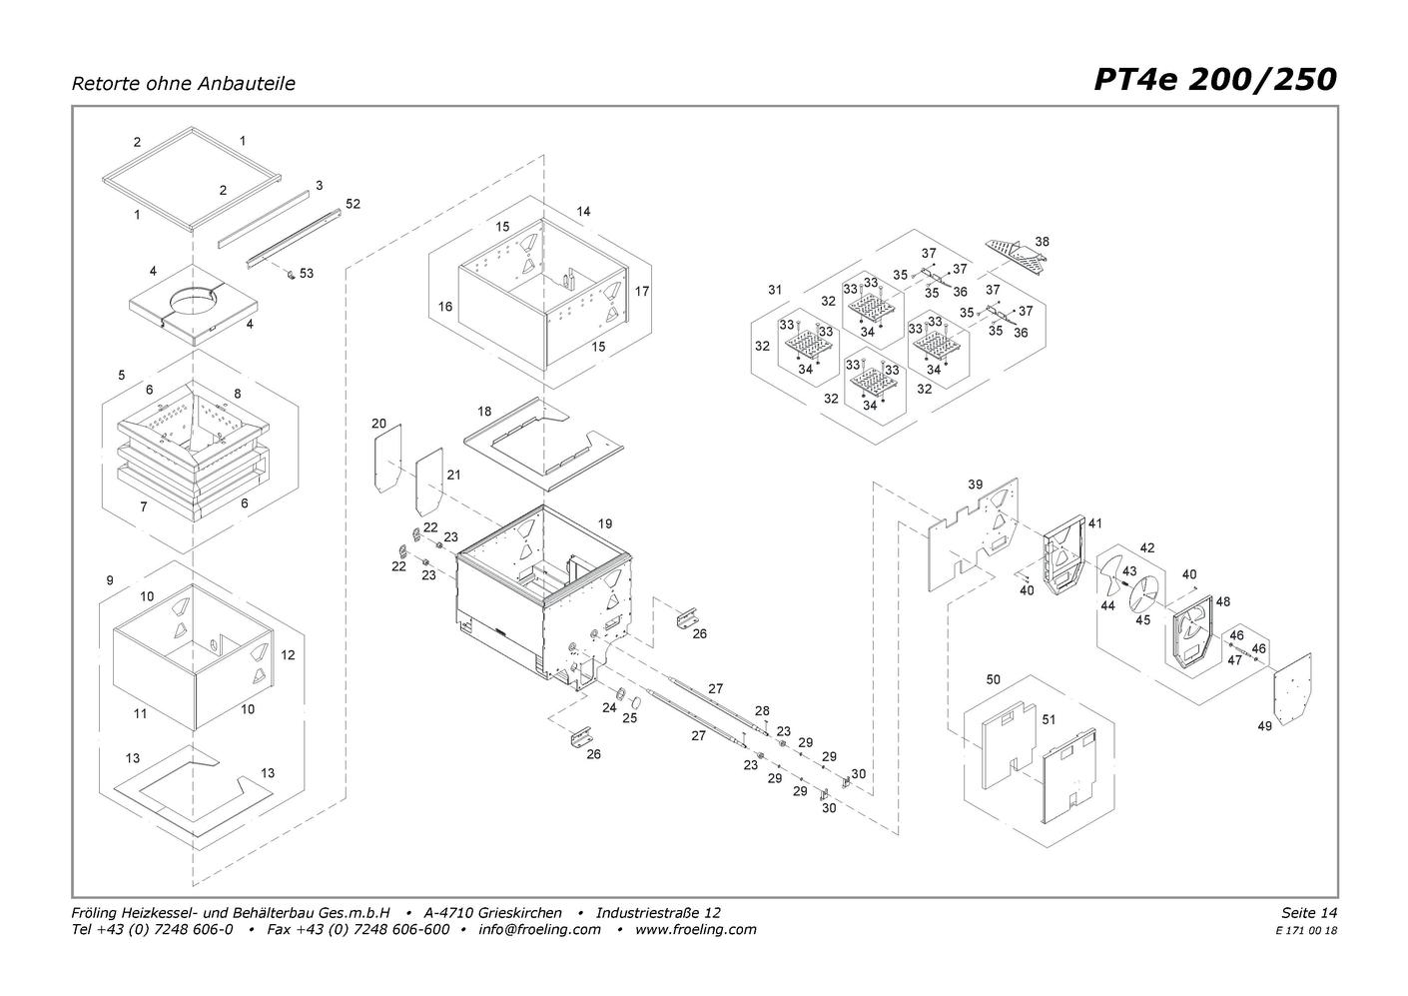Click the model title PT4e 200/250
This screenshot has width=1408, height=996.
coord(1214,79)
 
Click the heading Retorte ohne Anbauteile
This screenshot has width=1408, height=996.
coord(183,84)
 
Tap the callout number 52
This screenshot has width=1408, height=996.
coord(352,204)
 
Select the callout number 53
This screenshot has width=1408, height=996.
coord(307,273)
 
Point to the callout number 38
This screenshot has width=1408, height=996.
coord(1042,242)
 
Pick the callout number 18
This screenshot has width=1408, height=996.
coord(484,412)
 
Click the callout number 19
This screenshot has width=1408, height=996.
coord(605,523)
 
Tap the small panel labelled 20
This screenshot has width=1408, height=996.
coord(387,458)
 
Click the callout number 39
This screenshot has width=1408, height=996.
coord(975,485)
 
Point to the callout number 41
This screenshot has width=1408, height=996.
coord(1094,523)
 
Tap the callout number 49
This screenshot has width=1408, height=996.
coord(1264,726)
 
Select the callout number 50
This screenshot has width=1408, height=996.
coord(993,679)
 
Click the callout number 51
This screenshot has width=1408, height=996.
coord(1049,719)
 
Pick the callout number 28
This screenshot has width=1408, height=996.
coord(762,710)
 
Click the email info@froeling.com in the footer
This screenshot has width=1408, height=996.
coord(539,929)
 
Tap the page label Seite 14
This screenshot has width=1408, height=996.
coord(1308,912)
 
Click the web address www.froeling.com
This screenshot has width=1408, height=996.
coord(695,929)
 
